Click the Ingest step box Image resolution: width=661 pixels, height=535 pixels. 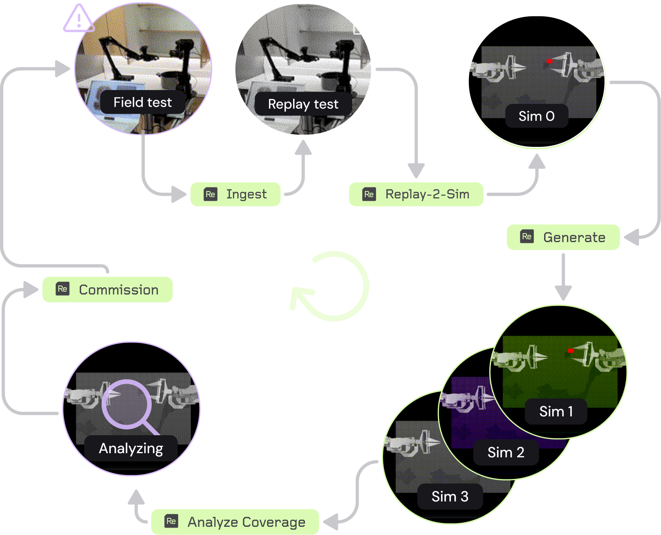coord(235,194)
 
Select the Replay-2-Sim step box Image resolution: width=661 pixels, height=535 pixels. coord(416,194)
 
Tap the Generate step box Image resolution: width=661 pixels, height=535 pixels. coord(563,237)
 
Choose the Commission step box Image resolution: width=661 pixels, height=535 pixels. coord(108,290)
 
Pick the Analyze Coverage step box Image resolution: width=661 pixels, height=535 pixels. coord(235,522)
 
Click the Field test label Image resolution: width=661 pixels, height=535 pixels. coord(143,102)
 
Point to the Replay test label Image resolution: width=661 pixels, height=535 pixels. coord(303,104)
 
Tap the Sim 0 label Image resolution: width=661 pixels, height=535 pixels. coord(536,116)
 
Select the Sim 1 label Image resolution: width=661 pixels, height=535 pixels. coord(556,411)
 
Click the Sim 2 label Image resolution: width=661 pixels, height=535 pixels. coord(506,452)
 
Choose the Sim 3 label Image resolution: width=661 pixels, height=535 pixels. coord(450,497)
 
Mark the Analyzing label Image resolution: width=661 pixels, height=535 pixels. coord(131,449)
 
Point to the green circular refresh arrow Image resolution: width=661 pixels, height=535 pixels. coord(331,286)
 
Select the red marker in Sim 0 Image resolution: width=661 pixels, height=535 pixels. coord(550,61)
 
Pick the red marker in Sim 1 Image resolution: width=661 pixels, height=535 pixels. coord(571,351)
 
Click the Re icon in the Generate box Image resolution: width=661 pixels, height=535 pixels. coord(527,236)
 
